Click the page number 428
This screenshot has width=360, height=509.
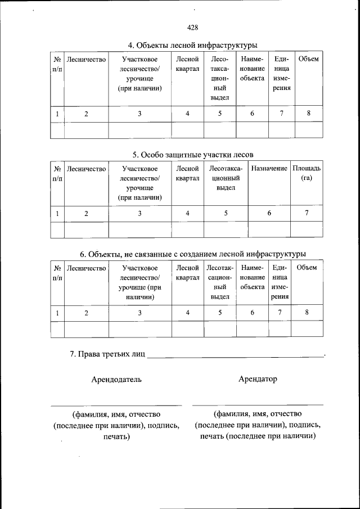[x=192, y=27]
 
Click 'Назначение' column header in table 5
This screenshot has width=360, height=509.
[x=269, y=168]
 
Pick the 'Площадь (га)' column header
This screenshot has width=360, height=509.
[x=307, y=173]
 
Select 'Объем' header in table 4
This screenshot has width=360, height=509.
[x=309, y=59]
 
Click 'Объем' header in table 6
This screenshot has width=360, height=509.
[x=307, y=267]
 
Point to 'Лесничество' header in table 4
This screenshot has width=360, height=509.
[x=86, y=59]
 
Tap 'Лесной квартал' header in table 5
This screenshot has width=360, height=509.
[x=187, y=173]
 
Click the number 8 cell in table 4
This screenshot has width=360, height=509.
[x=309, y=114]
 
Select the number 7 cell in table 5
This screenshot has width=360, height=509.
[x=307, y=213]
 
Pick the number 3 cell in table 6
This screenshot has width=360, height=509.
[x=139, y=313]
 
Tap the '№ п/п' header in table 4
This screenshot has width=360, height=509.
[x=57, y=64]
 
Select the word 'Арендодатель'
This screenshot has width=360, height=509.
[x=116, y=380]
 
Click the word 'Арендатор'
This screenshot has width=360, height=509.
[x=258, y=379]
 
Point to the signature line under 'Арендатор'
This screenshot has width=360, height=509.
[x=258, y=404]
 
